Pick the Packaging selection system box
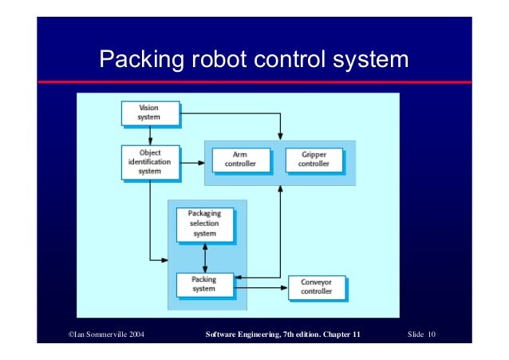click(x=204, y=224)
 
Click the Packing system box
click(x=204, y=284)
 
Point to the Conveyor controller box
click(x=316, y=287)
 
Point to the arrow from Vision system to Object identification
click(x=149, y=135)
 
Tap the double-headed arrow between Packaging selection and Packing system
click(x=205, y=257)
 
